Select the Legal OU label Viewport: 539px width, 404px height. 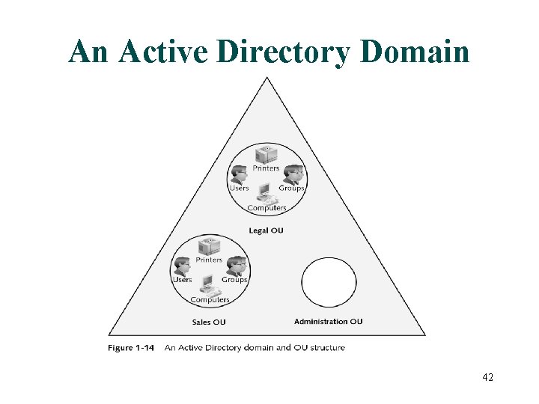point(267,230)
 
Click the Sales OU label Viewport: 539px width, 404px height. point(209,322)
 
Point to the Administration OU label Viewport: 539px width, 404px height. point(328,322)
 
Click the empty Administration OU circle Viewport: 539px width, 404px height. point(329,282)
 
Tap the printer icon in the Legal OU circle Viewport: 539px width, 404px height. point(266,155)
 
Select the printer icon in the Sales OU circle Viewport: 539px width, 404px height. point(209,246)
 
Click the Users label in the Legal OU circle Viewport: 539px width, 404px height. point(239,189)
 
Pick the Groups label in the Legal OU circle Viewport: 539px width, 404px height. point(291,189)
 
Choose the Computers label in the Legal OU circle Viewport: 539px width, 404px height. point(267,208)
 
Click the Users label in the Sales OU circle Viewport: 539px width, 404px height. point(183,280)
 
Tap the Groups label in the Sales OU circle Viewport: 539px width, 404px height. point(234,280)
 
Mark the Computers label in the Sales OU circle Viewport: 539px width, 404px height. point(210,300)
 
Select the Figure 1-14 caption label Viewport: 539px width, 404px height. point(131,347)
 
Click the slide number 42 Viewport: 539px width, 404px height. point(487,377)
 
